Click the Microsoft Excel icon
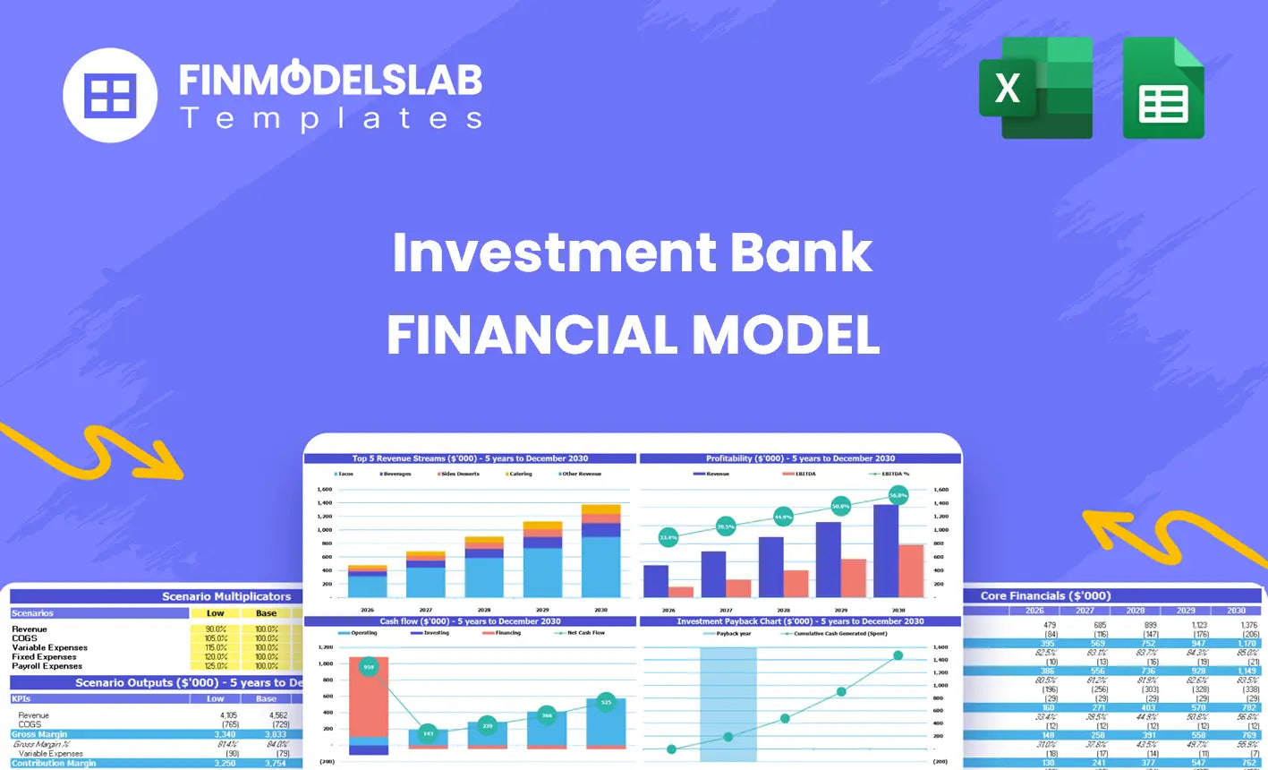(x=1034, y=88)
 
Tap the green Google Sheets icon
(x=1163, y=89)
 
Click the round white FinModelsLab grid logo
(x=110, y=95)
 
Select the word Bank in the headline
(x=801, y=252)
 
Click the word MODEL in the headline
(x=786, y=336)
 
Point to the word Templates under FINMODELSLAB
(x=331, y=118)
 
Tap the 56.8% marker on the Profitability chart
(x=898, y=494)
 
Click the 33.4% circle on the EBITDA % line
(x=668, y=538)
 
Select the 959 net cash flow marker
(x=369, y=667)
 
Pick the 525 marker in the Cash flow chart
(x=606, y=702)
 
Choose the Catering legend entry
(x=519, y=474)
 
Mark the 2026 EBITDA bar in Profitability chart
(x=681, y=592)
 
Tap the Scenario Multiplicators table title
(x=226, y=596)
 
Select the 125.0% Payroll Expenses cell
(x=216, y=666)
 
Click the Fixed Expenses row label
(x=44, y=657)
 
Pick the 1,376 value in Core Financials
(x=1249, y=625)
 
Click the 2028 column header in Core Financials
(x=1135, y=611)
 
